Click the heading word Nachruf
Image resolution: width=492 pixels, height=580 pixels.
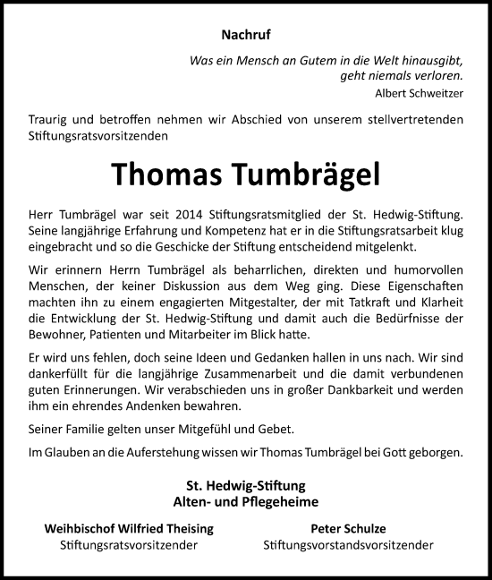click(x=245, y=35)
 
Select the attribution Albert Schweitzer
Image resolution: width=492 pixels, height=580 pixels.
click(x=419, y=92)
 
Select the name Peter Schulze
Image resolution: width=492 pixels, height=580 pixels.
click(x=348, y=529)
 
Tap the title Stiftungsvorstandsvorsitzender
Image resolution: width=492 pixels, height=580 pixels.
click(x=349, y=545)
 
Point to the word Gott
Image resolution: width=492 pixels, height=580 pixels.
click(x=397, y=453)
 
